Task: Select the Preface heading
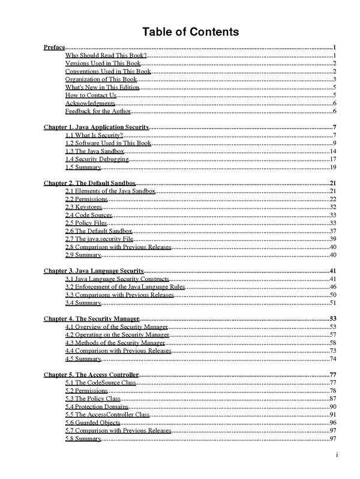[55, 47]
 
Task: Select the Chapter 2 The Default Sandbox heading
[90, 183]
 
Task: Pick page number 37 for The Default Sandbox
[332, 231]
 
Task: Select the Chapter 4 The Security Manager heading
[92, 319]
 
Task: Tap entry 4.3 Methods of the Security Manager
[115, 342]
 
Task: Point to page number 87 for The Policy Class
[332, 399]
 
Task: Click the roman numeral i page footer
[338, 454]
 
